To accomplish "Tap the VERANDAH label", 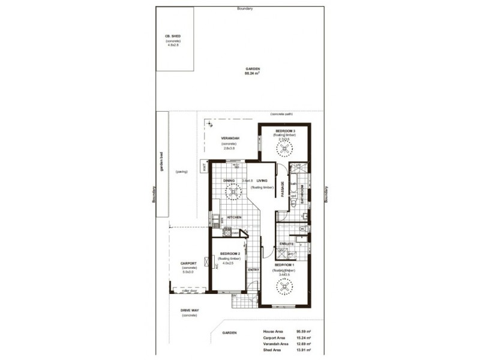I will tap(231, 139).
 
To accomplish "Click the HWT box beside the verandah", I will tap(204, 166).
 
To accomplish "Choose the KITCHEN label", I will tap(234, 217).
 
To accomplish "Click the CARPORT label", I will tap(189, 263).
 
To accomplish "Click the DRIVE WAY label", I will tap(190, 311).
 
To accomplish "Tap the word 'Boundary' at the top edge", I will tap(244, 8).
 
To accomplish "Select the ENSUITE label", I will tap(287, 244).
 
